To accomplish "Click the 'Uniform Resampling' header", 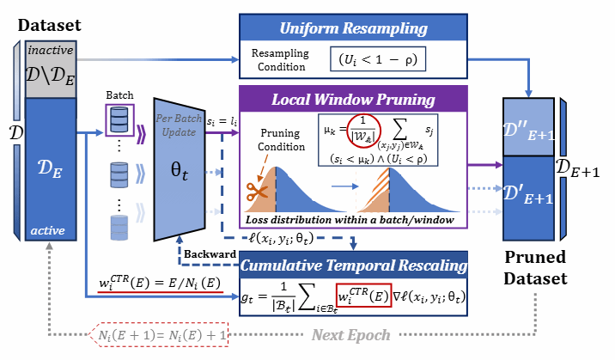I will coord(352,28).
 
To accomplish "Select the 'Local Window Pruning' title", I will coord(353,99).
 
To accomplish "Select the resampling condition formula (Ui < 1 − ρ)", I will coord(378,60).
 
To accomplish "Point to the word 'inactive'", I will coord(50,48).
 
